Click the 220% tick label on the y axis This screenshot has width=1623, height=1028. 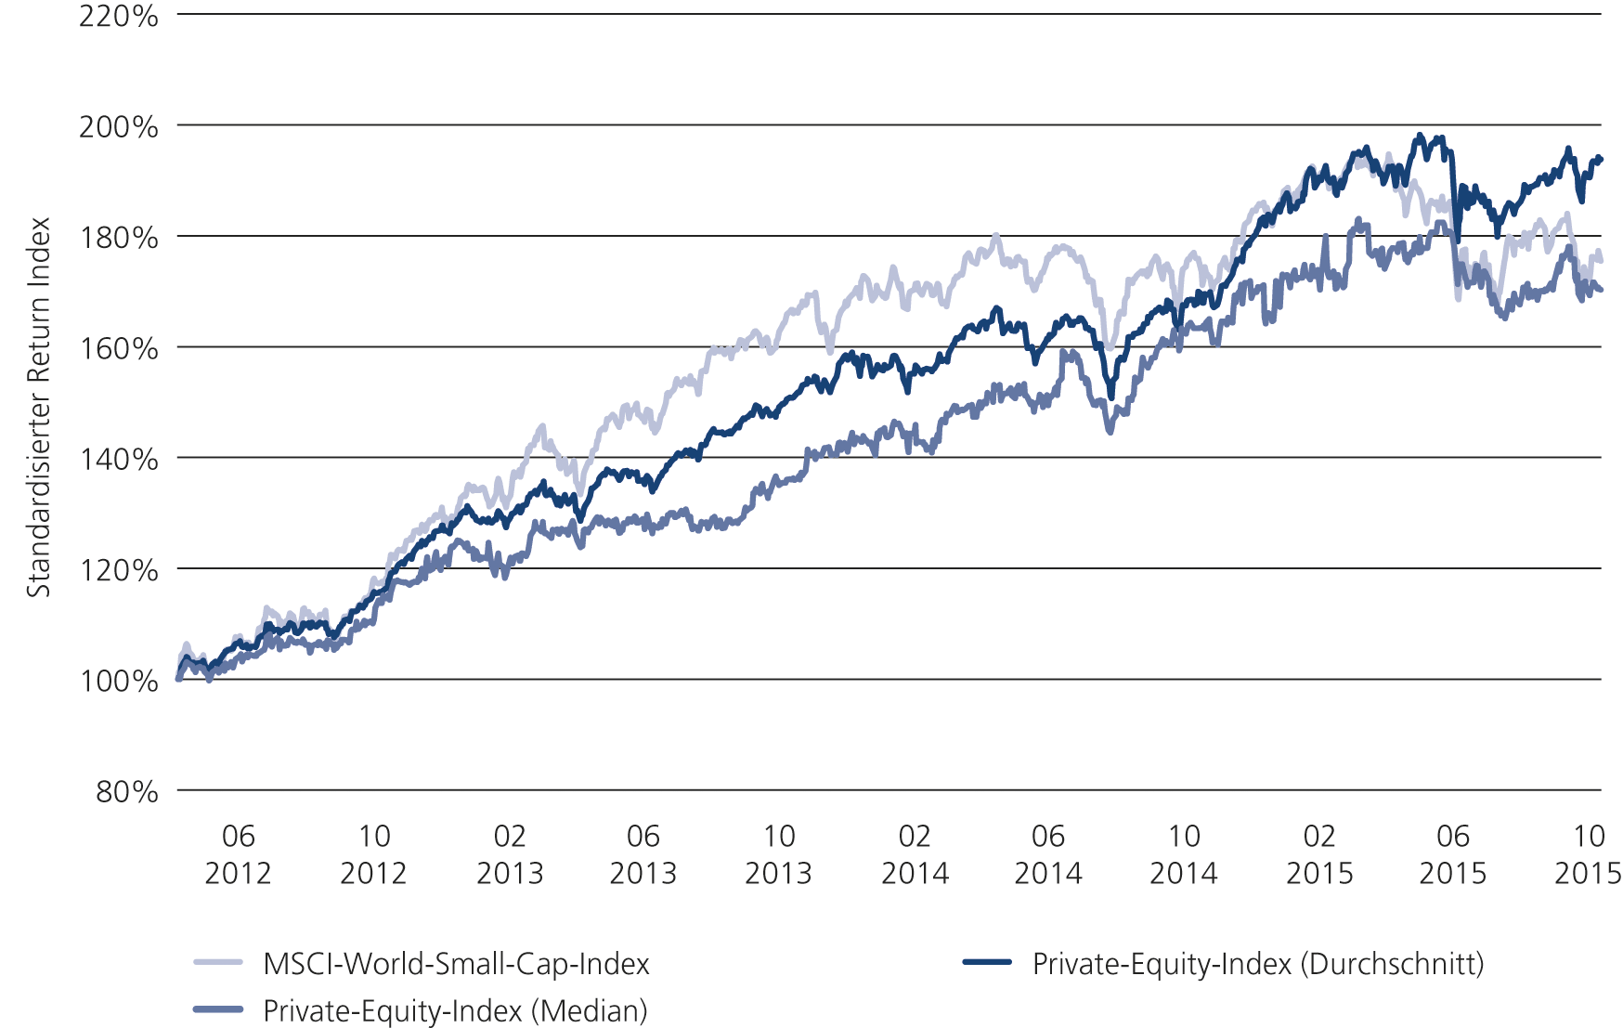[x=118, y=16]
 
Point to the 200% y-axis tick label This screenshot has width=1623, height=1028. [x=118, y=126]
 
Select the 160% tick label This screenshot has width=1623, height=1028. [x=118, y=348]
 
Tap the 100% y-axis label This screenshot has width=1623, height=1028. [x=118, y=681]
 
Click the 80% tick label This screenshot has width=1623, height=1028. [x=126, y=791]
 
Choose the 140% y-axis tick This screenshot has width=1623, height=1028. [x=118, y=459]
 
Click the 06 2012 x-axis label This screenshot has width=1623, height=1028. [x=238, y=854]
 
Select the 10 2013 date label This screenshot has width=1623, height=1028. [x=778, y=854]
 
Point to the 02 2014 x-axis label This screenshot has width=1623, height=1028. [x=915, y=854]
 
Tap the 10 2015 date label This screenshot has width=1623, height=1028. [x=1588, y=854]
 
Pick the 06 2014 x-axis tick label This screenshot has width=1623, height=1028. [x=1048, y=854]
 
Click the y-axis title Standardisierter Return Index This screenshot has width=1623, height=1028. [x=38, y=407]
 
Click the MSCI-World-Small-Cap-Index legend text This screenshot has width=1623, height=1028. [x=456, y=964]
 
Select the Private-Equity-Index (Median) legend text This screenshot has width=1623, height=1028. [x=455, y=1010]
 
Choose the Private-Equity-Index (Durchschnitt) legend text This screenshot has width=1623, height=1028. [x=1257, y=964]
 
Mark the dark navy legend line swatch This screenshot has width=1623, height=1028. [x=987, y=963]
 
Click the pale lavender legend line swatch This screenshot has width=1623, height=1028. [x=218, y=963]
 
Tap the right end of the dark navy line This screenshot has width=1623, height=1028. [x=1601, y=159]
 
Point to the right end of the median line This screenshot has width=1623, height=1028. [x=1601, y=290]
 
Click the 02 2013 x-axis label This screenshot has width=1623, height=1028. [x=509, y=854]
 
